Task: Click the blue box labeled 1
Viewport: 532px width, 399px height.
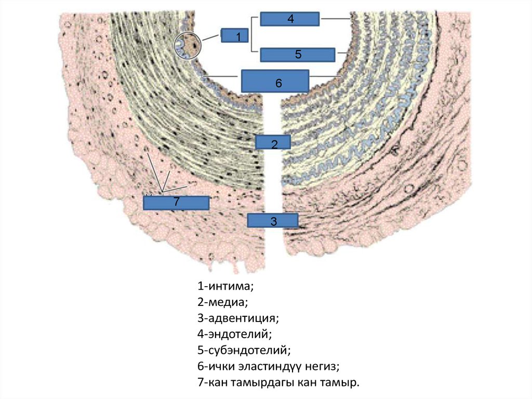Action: [x=235, y=36]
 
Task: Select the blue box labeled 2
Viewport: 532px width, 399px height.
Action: [x=274, y=142]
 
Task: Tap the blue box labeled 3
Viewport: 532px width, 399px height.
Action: [x=273, y=221]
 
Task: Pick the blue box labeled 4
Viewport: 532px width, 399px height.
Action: [x=290, y=19]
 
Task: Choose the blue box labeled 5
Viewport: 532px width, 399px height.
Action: [x=297, y=54]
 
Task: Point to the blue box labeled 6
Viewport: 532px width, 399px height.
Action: [x=275, y=82]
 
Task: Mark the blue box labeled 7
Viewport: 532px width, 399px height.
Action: [x=176, y=203]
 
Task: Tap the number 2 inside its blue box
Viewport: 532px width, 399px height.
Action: [x=274, y=144]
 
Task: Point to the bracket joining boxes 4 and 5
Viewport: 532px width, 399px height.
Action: [x=252, y=35]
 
